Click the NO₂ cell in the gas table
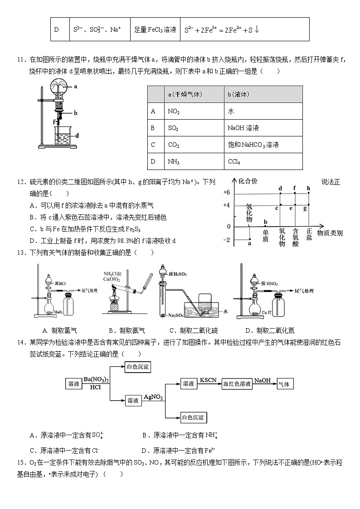pos(174,111)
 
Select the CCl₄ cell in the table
pos(234,161)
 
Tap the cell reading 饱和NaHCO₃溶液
pos(253,145)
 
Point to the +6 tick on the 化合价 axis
pos(227,193)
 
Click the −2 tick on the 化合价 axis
pos(227,239)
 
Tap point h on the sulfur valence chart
pos(309,193)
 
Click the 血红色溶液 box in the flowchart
pos(237,384)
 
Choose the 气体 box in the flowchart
pos(285,384)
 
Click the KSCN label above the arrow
pos(208,380)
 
